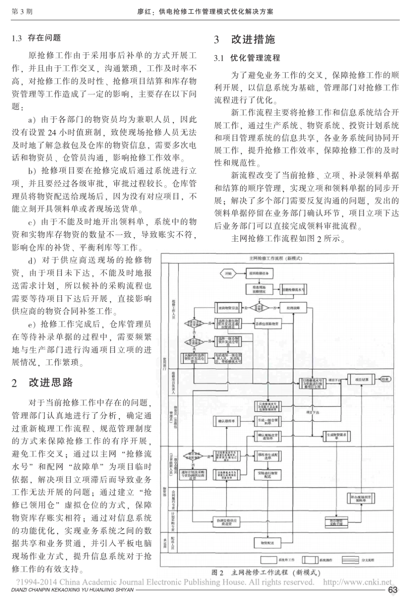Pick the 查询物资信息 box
tap(229, 308)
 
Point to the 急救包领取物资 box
tap(267, 323)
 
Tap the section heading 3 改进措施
tap(245, 39)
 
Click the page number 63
tap(393, 590)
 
